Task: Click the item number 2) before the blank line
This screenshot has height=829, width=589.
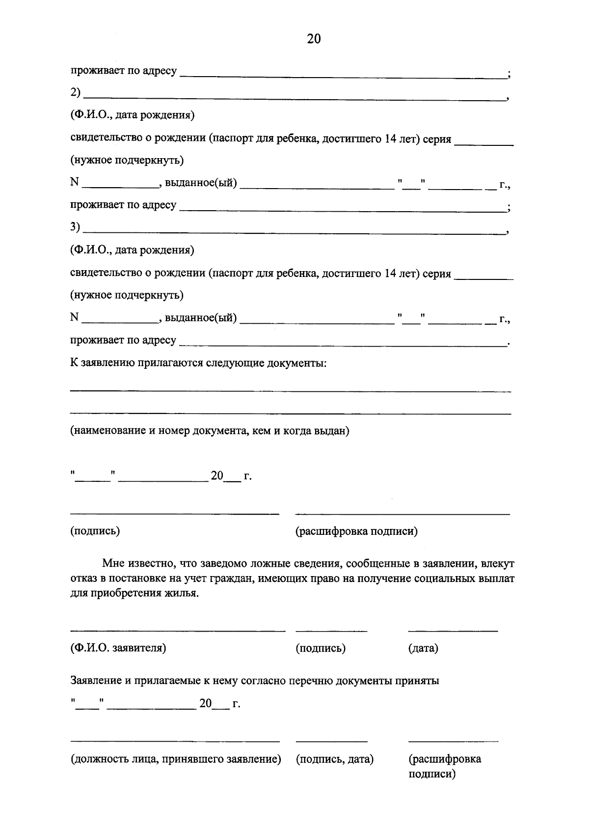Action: click(x=76, y=93)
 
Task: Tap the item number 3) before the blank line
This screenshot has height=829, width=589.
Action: click(x=76, y=227)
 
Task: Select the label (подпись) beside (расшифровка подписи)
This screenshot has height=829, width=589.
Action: click(x=95, y=531)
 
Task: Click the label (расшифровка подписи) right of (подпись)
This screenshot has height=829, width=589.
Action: click(x=356, y=531)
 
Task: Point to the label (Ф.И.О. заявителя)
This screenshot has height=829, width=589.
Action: click(x=118, y=648)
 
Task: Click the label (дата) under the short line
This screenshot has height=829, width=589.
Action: click(x=423, y=648)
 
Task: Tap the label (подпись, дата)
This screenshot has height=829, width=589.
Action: click(x=335, y=759)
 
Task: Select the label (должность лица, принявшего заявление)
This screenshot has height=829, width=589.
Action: click(x=176, y=759)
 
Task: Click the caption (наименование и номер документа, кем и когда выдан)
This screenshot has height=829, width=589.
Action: click(x=210, y=431)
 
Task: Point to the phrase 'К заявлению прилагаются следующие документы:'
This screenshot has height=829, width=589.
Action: click(x=198, y=363)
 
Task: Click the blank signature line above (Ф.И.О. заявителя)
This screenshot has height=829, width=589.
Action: click(x=178, y=630)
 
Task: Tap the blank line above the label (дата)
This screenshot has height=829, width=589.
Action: click(x=453, y=630)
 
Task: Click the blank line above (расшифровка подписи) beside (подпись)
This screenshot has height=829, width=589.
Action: click(x=402, y=514)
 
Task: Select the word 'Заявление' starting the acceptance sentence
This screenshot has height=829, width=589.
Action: click(x=95, y=681)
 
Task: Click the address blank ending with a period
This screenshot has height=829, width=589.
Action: click(x=344, y=345)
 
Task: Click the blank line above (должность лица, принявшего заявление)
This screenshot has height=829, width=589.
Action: click(x=175, y=741)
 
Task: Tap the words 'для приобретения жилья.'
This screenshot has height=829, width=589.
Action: click(x=135, y=593)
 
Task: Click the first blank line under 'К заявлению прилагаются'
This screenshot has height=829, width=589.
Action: click(x=290, y=391)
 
